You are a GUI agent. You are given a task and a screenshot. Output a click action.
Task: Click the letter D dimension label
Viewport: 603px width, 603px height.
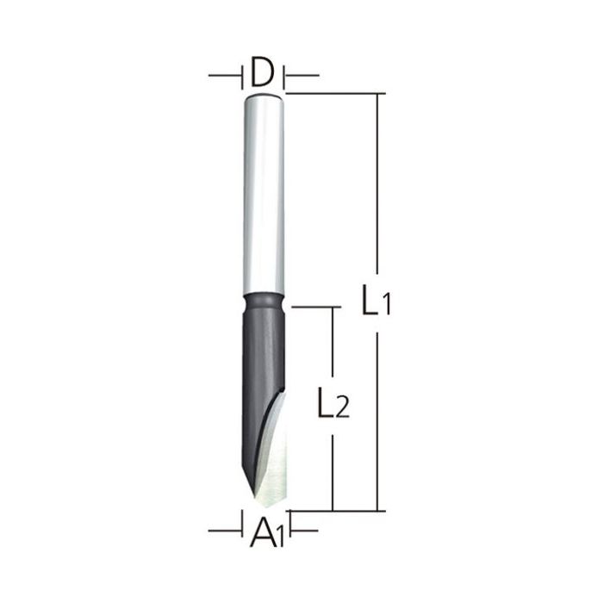[x=263, y=73]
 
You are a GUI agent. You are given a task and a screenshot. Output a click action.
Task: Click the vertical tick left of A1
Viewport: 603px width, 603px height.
[x=241, y=523]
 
